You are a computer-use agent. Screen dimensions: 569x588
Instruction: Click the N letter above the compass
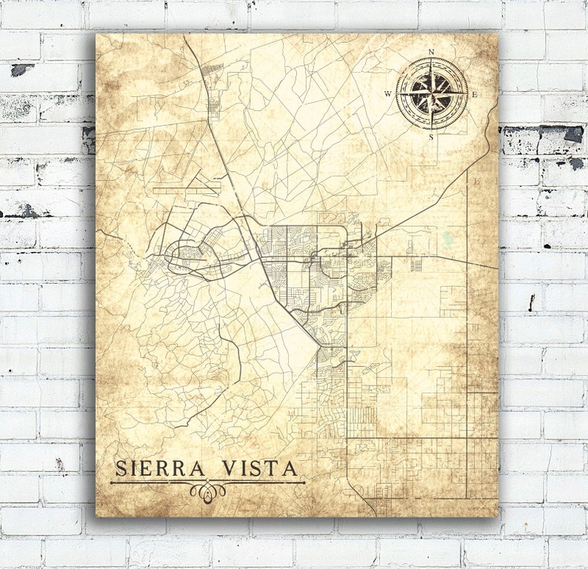[x=432, y=52]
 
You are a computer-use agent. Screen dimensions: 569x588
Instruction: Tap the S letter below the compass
[x=432, y=136]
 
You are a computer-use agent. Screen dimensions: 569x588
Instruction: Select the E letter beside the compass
[x=475, y=94]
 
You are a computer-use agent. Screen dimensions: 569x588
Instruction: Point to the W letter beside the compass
[x=388, y=94]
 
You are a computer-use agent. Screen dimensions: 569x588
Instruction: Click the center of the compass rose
[x=432, y=94]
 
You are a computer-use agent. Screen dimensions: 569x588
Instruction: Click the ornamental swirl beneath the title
[x=207, y=490]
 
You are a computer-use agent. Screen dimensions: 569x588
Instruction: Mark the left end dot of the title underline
[x=112, y=483]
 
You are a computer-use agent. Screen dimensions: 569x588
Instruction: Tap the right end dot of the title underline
[x=303, y=483]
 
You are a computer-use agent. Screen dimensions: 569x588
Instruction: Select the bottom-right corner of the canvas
[x=498, y=516]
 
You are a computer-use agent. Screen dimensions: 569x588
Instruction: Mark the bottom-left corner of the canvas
[x=96, y=516]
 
